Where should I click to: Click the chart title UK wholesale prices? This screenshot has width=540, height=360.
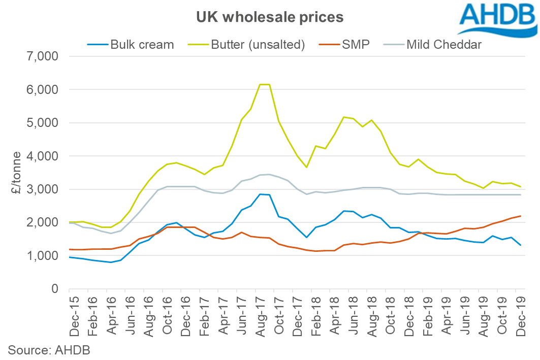[270, 17]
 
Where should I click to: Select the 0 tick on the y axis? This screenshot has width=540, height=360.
[56, 289]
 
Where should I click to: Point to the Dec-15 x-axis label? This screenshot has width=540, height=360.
[75, 315]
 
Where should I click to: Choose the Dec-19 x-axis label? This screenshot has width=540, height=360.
[521, 315]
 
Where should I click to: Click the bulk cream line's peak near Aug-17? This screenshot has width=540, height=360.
[260, 194]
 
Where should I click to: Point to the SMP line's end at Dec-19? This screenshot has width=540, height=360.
[521, 216]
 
